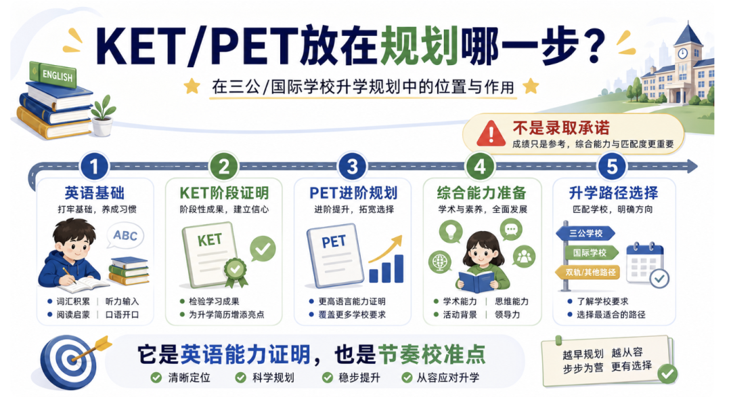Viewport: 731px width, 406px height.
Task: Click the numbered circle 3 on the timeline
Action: tap(353, 166)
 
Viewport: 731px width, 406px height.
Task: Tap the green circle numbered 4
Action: tap(480, 166)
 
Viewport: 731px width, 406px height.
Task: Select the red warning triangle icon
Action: tap(491, 134)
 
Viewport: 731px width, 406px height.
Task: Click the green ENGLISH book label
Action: tap(53, 74)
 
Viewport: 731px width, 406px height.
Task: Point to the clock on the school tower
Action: tap(682, 53)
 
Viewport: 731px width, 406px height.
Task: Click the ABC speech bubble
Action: tap(125, 236)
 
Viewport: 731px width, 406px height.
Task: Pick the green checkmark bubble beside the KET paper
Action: tap(263, 249)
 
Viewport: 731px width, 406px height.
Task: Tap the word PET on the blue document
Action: tap(334, 242)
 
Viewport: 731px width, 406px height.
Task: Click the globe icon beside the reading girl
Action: tap(441, 262)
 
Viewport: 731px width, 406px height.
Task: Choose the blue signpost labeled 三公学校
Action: tap(586, 233)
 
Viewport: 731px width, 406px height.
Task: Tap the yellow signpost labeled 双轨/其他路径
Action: tap(588, 272)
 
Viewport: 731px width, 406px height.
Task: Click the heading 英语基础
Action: tap(95, 192)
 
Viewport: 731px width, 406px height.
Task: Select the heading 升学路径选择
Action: tap(613, 192)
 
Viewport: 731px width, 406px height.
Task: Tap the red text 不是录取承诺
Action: tap(561, 128)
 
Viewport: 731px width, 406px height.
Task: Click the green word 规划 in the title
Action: tap(419, 47)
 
